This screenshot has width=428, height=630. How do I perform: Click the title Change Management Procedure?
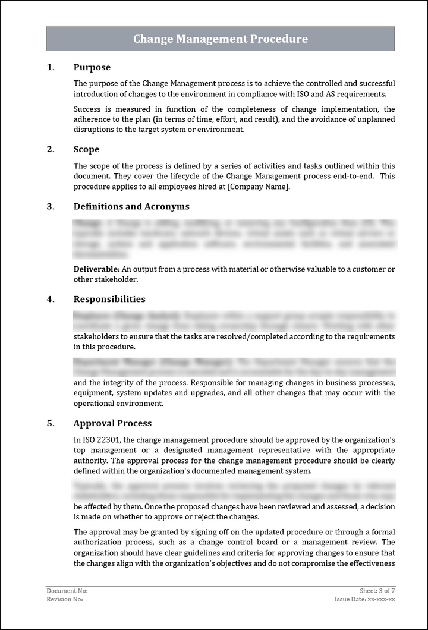221,39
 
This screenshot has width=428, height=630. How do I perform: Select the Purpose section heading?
92,67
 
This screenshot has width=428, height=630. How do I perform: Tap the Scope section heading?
86,149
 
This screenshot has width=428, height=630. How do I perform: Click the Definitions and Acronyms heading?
131,206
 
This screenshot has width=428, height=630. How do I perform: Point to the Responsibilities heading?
109,299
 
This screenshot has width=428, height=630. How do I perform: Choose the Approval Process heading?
112,423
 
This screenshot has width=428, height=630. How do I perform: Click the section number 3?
51,206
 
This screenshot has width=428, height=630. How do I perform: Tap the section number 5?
51,423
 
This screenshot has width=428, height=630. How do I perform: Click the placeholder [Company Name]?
259,187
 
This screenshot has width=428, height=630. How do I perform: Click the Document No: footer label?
67,591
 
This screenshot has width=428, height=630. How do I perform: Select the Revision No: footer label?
65,599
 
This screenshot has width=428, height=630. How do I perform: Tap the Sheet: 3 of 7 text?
377,591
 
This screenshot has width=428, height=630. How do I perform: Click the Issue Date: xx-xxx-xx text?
364,599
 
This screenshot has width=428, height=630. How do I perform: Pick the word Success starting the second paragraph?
87,109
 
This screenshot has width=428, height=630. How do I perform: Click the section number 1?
51,67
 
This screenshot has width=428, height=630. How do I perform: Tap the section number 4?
51,299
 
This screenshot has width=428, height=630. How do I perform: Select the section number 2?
51,149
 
